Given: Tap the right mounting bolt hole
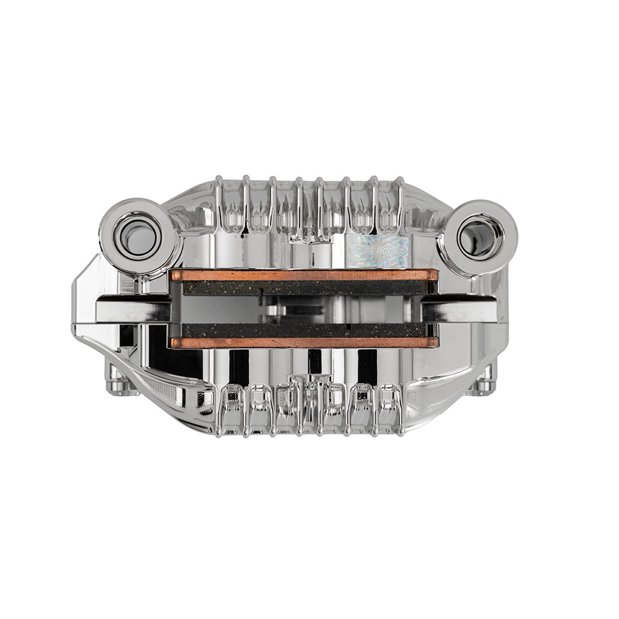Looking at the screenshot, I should tap(477, 236).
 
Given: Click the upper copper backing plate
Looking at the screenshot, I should tap(303, 275).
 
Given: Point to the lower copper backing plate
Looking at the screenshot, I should tap(303, 342).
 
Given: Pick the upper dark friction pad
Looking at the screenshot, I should tap(303, 288).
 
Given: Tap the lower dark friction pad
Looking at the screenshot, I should tap(303, 330).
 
